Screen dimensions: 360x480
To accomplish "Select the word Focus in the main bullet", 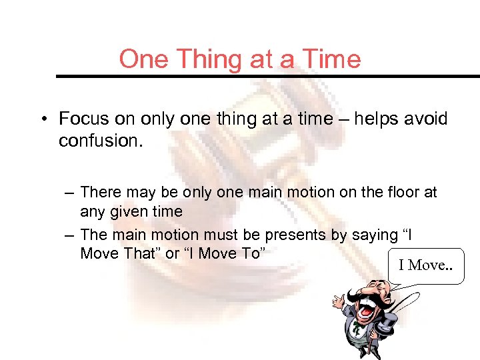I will click(84, 119).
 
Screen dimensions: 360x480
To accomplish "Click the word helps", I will click(378, 119).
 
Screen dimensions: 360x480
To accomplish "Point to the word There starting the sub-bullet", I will click(100, 193).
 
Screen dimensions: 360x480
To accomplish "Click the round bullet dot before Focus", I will click(43, 120).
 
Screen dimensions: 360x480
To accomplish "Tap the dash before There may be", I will click(69, 193).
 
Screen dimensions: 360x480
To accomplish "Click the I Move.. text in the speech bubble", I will click(425, 265).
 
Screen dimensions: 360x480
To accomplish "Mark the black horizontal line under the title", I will click(267, 76).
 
